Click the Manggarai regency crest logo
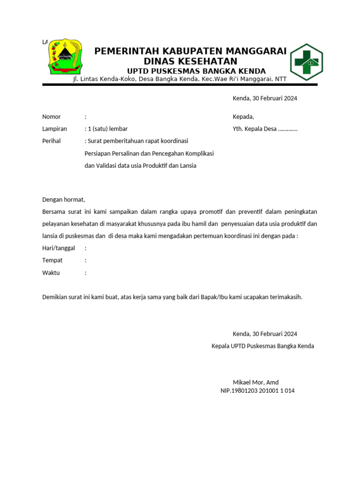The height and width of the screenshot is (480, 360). coord(64,58)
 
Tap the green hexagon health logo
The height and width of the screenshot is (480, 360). coord(306,62)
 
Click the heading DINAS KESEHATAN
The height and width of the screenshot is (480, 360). coord(190,61)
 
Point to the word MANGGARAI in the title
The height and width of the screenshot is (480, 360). coord(257,51)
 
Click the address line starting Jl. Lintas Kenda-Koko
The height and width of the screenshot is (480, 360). coord(179,79)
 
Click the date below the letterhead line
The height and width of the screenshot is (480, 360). coord(265,98)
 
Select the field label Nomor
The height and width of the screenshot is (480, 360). coord(52,117)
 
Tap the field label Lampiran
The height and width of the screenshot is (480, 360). coord(54,129)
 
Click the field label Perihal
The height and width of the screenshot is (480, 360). coord(52,141)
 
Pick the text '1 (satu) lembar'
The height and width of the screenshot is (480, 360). coord(107,129)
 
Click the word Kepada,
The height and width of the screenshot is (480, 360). coord(243,117)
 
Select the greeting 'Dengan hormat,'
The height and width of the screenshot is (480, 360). coord(64,200)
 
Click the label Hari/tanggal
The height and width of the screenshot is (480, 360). coord(59,248)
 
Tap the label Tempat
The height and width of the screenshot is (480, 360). coord(52,260)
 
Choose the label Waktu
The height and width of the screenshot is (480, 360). coord(52,273)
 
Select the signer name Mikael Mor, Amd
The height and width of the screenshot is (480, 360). coord(255,382)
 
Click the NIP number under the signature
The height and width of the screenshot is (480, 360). coord(257,390)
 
